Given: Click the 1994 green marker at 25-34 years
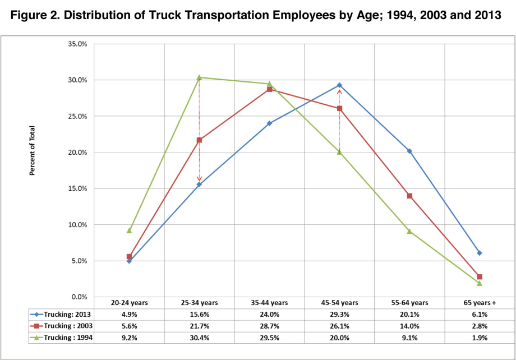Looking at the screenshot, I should pyautogui.click(x=199, y=77).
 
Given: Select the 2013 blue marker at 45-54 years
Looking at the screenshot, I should pyautogui.click(x=339, y=85).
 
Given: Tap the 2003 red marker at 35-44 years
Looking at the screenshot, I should pyautogui.click(x=269, y=89).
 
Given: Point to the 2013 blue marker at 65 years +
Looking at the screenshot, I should pyautogui.click(x=480, y=253).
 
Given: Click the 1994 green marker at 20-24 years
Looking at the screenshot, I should pyautogui.click(x=129, y=230).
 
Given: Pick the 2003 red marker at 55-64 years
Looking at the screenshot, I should pyautogui.click(x=409, y=196).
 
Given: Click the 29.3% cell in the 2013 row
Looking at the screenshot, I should pyautogui.click(x=339, y=315).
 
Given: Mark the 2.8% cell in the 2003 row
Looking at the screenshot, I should pyautogui.click(x=480, y=326).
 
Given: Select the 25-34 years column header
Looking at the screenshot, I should pyautogui.click(x=199, y=303).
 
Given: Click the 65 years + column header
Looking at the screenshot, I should pyautogui.click(x=480, y=303).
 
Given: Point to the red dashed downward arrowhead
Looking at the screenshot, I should pyautogui.click(x=199, y=180).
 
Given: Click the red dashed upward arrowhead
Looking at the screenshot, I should pyautogui.click(x=339, y=93).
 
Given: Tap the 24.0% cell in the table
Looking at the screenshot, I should pyautogui.click(x=269, y=315).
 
